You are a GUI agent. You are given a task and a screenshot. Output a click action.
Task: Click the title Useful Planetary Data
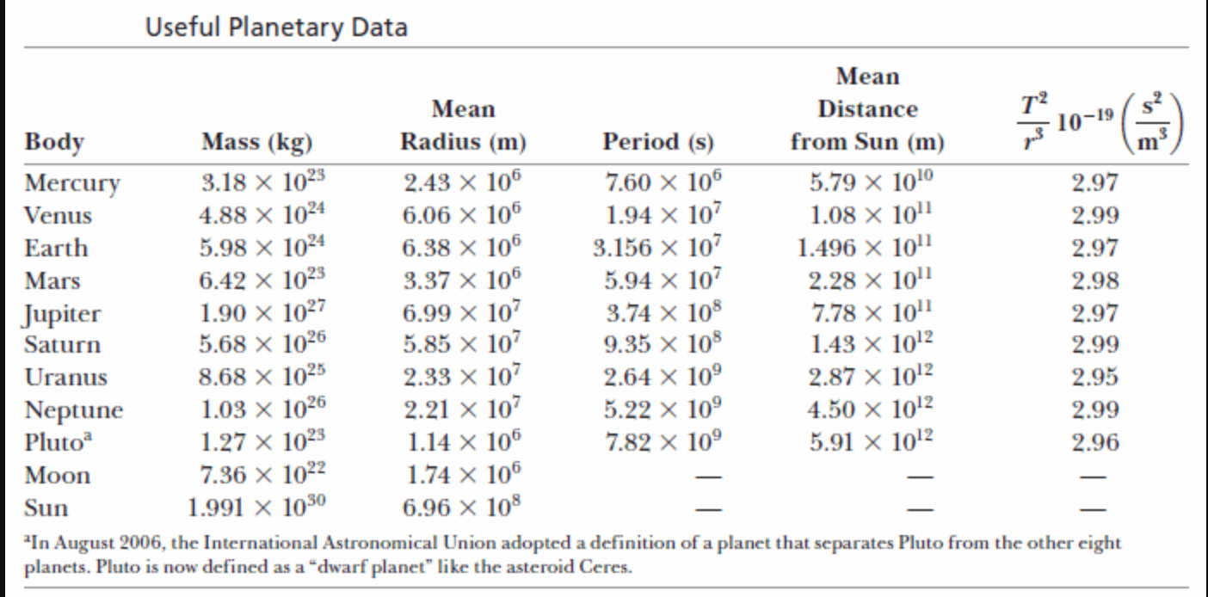275,28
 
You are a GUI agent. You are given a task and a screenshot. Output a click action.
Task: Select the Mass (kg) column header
256,141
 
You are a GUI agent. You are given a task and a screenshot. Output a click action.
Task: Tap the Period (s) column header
658,141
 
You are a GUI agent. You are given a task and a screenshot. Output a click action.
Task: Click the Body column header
55,141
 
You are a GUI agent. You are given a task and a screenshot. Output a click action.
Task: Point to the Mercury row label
72,184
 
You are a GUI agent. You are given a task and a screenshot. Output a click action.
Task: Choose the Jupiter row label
63,314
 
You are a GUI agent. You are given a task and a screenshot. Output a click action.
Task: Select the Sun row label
46,508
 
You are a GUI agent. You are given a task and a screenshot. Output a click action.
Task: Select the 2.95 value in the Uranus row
1094,378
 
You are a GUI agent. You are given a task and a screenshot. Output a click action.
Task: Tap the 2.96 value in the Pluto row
1094,443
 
